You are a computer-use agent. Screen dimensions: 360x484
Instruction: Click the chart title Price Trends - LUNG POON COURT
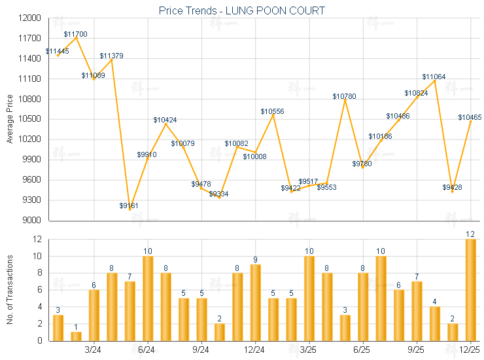[x=242, y=10]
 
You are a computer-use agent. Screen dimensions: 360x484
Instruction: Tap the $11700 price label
[x=76, y=33]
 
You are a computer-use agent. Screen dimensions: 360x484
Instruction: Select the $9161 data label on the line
[x=129, y=206]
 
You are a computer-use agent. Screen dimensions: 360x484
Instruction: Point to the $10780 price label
[x=344, y=96]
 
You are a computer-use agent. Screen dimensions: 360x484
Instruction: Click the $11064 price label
[x=434, y=77]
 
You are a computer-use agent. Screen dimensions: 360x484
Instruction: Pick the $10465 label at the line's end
[x=470, y=117]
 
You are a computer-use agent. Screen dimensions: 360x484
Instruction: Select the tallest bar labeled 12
[x=470, y=290]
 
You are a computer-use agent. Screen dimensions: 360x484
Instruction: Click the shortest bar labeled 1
[x=76, y=336]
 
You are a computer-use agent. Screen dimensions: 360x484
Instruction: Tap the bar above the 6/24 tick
[x=148, y=298]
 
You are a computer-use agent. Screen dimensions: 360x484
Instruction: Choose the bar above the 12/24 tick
[x=255, y=302]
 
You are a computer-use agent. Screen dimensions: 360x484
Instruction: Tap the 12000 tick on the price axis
[x=31, y=18]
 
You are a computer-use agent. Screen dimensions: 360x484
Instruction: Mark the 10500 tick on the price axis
[x=31, y=119]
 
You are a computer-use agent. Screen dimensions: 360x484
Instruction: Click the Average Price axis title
[x=10, y=119]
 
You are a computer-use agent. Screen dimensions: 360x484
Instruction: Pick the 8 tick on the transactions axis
[x=39, y=273]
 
